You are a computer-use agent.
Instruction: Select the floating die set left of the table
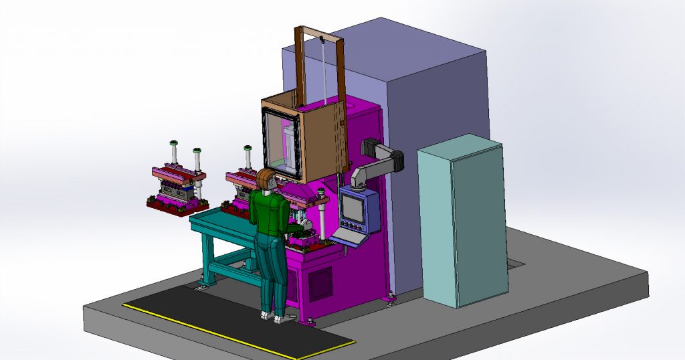pyautogui.click(x=177, y=187)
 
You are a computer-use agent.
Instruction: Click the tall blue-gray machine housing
pyautogui.click(x=435, y=100)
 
